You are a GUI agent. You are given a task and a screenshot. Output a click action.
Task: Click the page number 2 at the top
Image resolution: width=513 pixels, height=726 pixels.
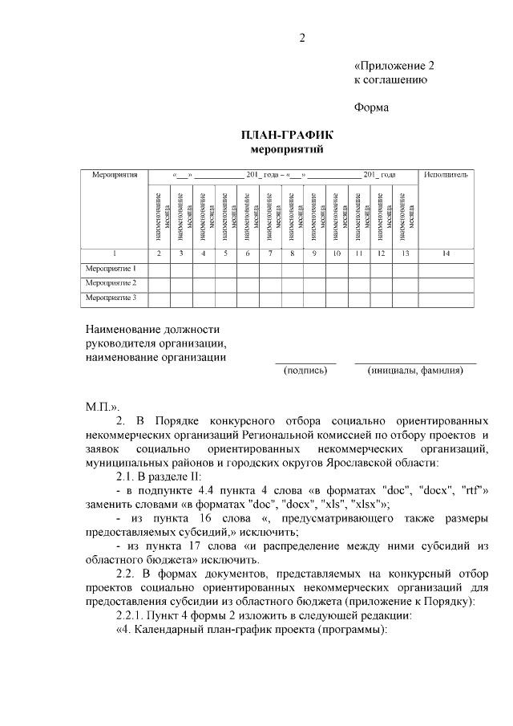[x=303, y=38]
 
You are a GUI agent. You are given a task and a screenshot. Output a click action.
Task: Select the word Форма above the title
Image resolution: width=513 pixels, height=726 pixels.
[x=371, y=107]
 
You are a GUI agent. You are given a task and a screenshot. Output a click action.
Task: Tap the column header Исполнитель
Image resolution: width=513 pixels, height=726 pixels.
[x=446, y=174]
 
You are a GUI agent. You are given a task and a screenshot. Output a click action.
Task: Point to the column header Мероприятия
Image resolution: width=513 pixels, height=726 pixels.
[x=115, y=174]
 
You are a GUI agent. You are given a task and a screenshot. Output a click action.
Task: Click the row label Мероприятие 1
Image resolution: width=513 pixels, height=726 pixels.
[x=111, y=269]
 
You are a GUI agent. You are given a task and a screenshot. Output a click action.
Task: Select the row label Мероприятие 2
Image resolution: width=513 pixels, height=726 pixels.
[x=111, y=283]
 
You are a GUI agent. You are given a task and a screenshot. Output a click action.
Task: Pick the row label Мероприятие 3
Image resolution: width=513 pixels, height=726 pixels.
[x=111, y=298]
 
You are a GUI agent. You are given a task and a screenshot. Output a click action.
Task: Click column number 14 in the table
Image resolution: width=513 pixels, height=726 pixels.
[x=446, y=253]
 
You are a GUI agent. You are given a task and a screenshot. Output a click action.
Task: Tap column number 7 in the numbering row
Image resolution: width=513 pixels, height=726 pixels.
[x=270, y=253]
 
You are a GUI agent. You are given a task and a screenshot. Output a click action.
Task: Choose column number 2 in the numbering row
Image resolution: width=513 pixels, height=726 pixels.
[x=160, y=253]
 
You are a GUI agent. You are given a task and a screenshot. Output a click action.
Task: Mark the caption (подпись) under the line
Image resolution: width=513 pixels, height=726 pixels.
[x=305, y=371]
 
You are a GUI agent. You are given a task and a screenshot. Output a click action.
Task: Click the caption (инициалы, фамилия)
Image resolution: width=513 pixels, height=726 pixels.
[x=414, y=371]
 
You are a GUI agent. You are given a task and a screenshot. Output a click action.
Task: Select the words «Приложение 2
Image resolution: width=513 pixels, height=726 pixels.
[x=394, y=65]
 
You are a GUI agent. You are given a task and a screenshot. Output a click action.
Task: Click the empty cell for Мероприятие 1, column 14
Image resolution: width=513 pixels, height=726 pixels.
[x=446, y=269]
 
